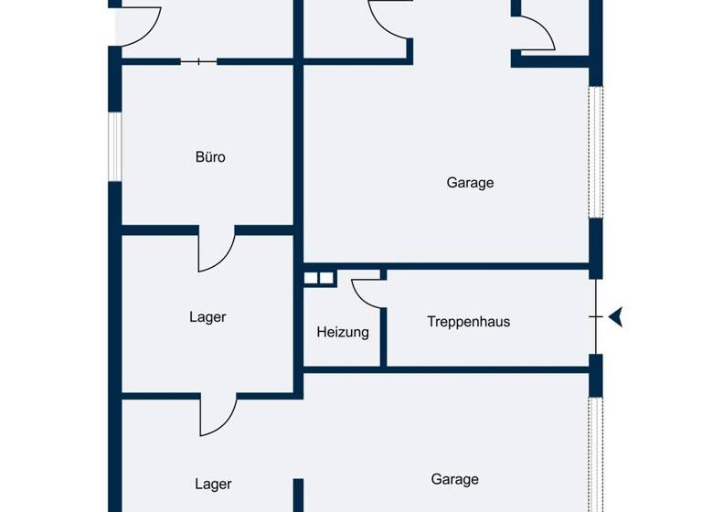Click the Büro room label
click(210, 157)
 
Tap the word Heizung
click(343, 333)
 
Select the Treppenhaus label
click(468, 322)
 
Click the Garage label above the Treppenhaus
click(470, 183)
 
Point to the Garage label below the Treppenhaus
click(454, 479)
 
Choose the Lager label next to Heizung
click(207, 317)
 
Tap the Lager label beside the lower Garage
click(213, 485)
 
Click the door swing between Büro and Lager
click(217, 251)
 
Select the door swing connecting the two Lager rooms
click(218, 417)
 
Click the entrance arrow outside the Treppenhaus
click(617, 317)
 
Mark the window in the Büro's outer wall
click(115, 146)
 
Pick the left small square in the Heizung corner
click(311, 278)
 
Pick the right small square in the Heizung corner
click(325, 278)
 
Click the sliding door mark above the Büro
click(198, 61)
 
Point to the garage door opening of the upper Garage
click(596, 151)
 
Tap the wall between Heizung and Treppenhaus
click(384, 320)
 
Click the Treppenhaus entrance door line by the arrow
click(596, 316)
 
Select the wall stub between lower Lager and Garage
click(298, 495)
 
